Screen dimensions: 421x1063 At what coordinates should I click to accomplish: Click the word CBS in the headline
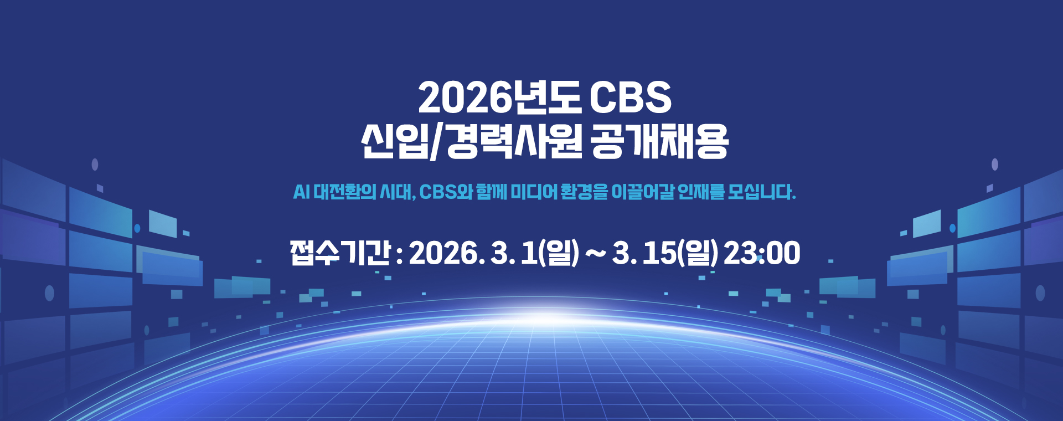pos(630,98)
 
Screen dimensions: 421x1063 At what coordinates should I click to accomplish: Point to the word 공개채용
pos(659,142)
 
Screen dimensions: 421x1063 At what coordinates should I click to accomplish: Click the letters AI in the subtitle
pos(301,192)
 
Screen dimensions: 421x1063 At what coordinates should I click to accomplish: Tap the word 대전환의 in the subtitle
pos(345,192)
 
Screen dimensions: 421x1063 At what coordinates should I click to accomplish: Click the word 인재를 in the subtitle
pos(701,192)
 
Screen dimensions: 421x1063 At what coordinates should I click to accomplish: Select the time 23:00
pos(762,254)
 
